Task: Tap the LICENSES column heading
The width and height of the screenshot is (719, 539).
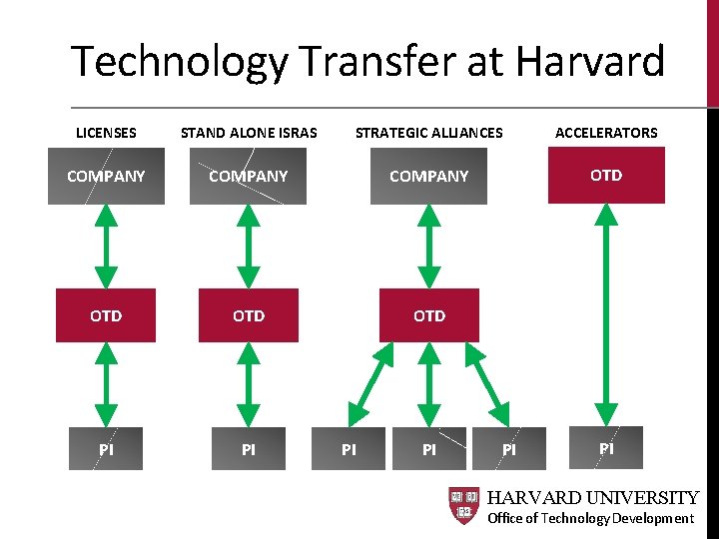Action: pos(106,133)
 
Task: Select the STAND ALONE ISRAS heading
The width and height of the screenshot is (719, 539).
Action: pos(249,133)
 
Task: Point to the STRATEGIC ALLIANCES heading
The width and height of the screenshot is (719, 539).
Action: pos(429,133)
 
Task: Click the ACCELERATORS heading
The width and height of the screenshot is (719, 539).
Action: pos(606,133)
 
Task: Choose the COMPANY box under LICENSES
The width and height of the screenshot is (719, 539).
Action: pos(106,177)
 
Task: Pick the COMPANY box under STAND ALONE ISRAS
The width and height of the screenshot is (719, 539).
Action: pos(249,177)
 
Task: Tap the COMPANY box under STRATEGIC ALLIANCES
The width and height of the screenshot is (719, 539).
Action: pos(429,177)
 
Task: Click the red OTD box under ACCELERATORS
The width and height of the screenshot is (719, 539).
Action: pos(606,176)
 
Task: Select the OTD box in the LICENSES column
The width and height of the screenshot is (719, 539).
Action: pos(106,315)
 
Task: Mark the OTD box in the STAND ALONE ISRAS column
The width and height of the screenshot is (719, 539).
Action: pos(249,315)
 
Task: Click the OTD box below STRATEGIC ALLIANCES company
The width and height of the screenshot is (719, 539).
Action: pos(429,315)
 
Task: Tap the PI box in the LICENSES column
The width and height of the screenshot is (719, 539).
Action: pos(106,449)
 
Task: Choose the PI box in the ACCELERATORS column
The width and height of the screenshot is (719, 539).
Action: pos(606,448)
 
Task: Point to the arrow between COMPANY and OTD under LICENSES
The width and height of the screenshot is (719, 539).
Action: pos(106,247)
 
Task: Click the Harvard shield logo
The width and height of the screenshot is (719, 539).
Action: pos(464,506)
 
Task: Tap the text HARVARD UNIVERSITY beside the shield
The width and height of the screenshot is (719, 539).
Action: pos(593,497)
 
